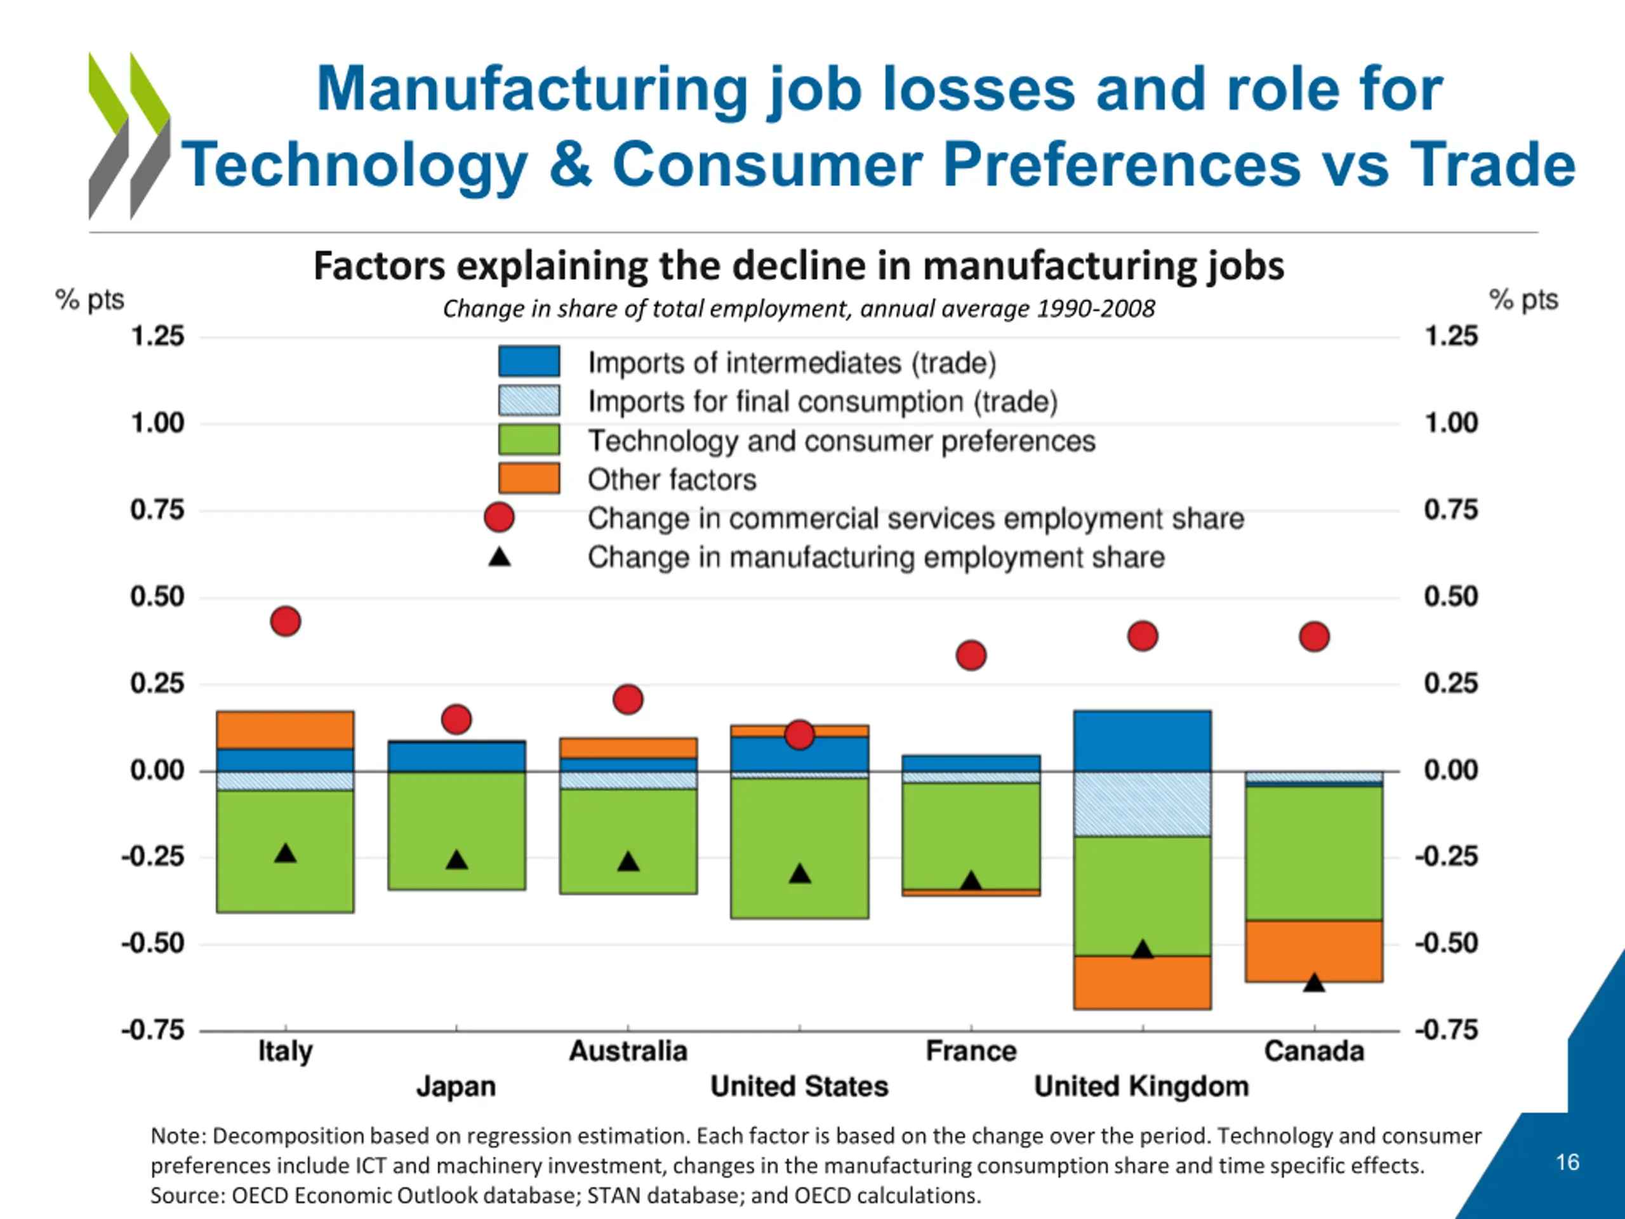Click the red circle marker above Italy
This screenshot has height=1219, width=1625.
pyautogui.click(x=286, y=622)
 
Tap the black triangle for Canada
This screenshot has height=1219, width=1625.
pyautogui.click(x=1314, y=982)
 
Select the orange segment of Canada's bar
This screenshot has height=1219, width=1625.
pyautogui.click(x=1314, y=951)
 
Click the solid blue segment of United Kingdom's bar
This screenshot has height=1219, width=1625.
pyautogui.click(x=1143, y=741)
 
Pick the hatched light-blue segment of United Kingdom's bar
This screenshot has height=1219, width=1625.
pyautogui.click(x=1143, y=804)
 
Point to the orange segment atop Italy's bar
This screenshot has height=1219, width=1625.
pyautogui.click(x=286, y=730)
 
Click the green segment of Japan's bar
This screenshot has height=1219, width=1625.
pyautogui.click(x=457, y=831)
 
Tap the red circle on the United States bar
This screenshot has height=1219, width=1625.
pyautogui.click(x=799, y=735)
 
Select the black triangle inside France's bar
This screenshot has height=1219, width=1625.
pyautogui.click(x=971, y=880)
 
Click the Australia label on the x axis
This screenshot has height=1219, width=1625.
pyautogui.click(x=628, y=1051)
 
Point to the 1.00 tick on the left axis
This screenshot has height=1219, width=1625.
pyautogui.click(x=157, y=423)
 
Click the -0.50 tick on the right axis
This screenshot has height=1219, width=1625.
pyautogui.click(x=1447, y=943)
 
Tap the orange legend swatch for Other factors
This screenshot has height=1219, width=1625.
pyautogui.click(x=529, y=478)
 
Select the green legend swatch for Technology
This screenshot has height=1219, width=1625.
pyautogui.click(x=529, y=439)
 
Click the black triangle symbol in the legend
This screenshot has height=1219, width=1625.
pyautogui.click(x=500, y=557)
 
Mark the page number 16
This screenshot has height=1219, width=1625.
pyautogui.click(x=1567, y=1162)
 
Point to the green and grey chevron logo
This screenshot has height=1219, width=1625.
pyautogui.click(x=130, y=136)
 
